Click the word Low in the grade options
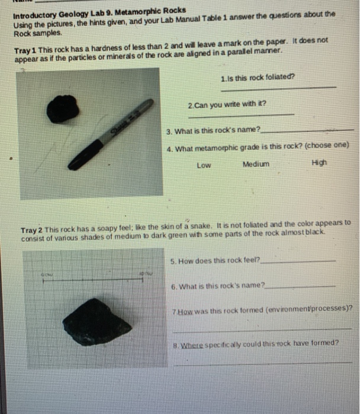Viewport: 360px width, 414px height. [203, 165]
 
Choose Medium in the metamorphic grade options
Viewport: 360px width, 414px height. [255, 164]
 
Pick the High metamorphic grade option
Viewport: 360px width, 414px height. [318, 164]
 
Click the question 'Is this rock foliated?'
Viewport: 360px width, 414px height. [258, 77]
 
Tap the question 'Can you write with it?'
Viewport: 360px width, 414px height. [227, 104]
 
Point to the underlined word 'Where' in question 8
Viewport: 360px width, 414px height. [192, 343]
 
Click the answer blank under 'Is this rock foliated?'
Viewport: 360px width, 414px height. [278, 88]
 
